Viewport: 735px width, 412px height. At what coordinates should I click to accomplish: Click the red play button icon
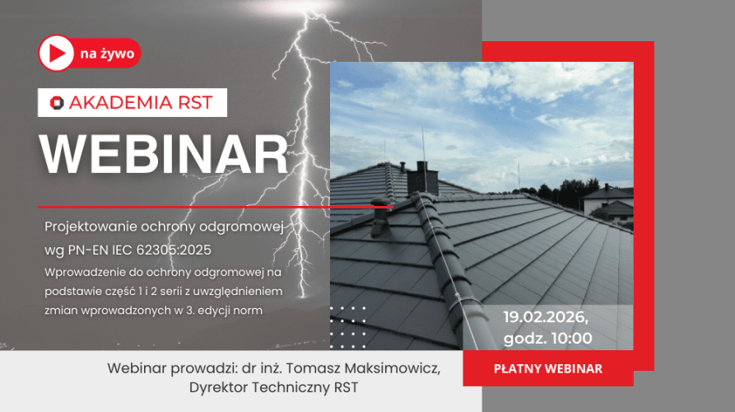click(x=56, y=54)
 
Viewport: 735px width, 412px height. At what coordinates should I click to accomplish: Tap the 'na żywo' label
click(x=108, y=54)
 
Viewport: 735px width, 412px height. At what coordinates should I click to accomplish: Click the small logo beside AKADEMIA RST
click(x=56, y=103)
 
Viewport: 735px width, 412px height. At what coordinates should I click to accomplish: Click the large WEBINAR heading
click(x=165, y=153)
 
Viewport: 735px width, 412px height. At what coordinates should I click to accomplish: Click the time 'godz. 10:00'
click(x=547, y=338)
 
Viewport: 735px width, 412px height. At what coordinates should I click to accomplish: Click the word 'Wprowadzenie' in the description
click(x=86, y=270)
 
